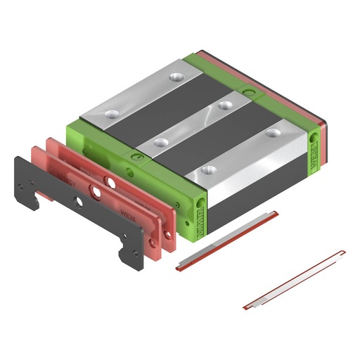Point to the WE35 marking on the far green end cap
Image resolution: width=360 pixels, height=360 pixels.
[314, 148]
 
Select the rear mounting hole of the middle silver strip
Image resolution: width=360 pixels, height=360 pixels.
[225, 105]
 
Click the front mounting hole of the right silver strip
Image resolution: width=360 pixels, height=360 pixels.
[207, 169]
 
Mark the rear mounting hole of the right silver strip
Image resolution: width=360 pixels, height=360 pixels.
[271, 131]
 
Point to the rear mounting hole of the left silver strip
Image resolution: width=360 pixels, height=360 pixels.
[176, 76]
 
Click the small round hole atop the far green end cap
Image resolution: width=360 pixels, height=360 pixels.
[246, 91]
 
